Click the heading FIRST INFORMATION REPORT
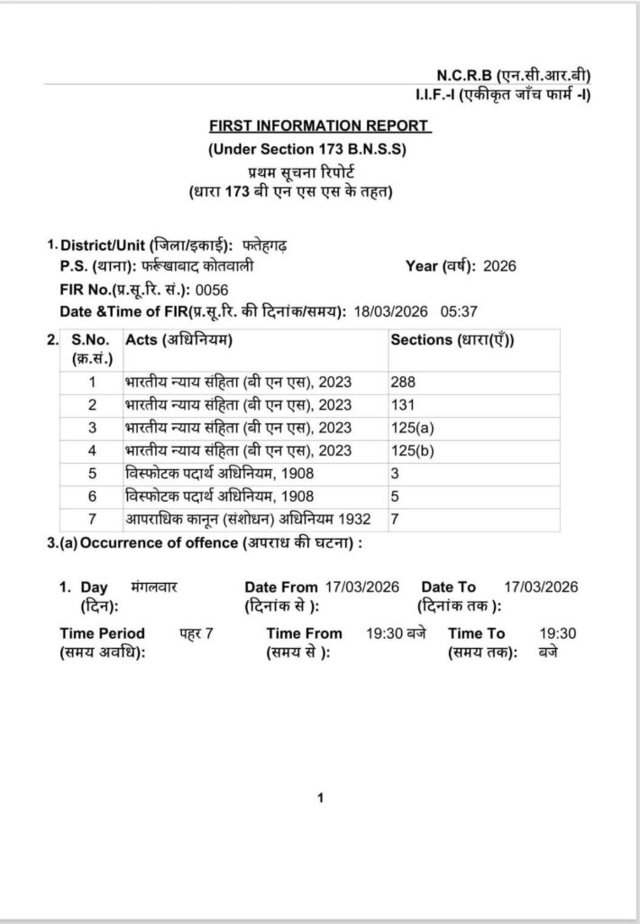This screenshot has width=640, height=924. point(320,126)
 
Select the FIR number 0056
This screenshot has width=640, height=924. point(213,289)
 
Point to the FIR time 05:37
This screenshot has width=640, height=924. point(459,311)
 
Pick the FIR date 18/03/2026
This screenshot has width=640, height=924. point(391,311)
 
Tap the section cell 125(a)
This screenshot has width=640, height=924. point(411,428)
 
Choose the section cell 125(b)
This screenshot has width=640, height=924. point(411,450)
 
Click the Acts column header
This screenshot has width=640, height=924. point(179,340)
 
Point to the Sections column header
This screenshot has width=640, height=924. point(458,340)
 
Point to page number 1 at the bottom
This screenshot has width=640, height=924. point(320,798)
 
